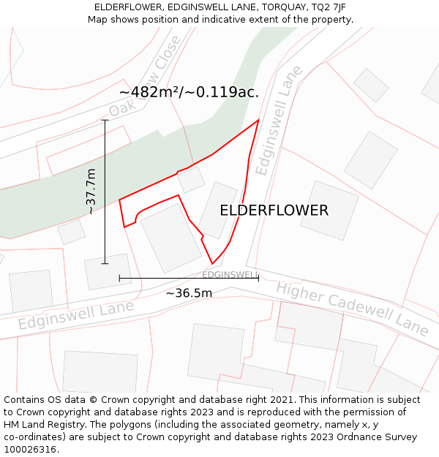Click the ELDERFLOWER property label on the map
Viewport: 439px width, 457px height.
point(274,211)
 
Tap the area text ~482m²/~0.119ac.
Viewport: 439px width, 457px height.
point(189,92)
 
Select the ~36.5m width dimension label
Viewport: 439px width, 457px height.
point(189,293)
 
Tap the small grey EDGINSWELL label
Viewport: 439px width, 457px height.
point(230,275)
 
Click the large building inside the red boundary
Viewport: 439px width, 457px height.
point(170,238)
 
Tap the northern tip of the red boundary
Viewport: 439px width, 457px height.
point(258,120)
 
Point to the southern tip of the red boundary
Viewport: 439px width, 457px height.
point(212,263)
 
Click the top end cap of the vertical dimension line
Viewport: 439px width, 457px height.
point(105,120)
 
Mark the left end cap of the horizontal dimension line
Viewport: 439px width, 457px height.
point(119,278)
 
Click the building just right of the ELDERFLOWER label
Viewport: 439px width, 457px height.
point(329,211)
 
